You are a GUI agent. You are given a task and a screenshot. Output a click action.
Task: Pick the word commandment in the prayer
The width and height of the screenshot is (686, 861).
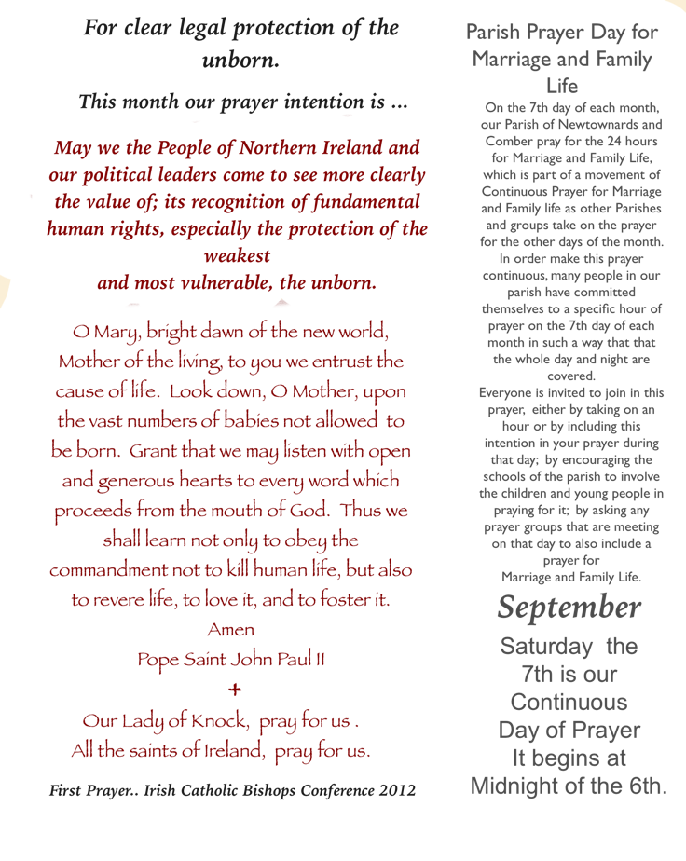click(x=109, y=569)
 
